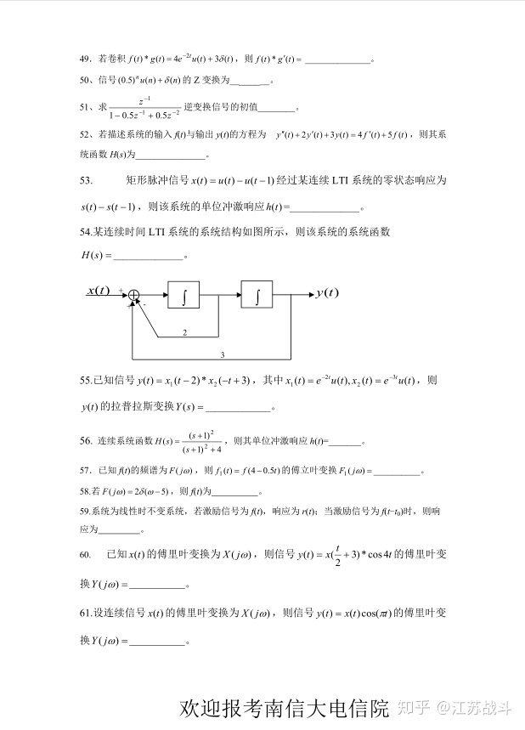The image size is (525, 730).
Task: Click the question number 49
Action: click(x=85, y=59)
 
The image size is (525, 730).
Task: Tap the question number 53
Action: click(x=86, y=180)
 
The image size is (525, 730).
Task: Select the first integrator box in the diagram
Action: click(x=183, y=295)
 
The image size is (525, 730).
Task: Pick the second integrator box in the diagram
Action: click(x=257, y=295)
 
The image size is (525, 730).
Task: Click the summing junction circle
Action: click(x=133, y=295)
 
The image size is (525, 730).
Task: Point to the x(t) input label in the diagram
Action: click(x=99, y=291)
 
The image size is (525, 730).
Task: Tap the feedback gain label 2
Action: click(x=184, y=332)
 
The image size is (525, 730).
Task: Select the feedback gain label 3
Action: click(x=223, y=354)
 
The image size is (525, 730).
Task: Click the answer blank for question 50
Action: click(x=250, y=82)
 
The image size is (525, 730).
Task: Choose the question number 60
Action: click(x=85, y=554)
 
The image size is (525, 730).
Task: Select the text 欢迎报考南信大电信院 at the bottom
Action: click(x=284, y=707)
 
